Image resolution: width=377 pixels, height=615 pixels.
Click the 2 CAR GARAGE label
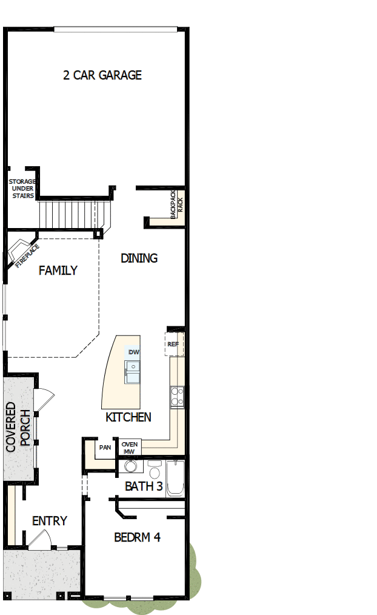pyautogui.click(x=102, y=75)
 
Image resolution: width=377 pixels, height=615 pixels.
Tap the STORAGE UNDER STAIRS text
pyautogui.click(x=22, y=188)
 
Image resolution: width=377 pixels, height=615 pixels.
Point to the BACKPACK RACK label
pyautogui.click(x=175, y=204)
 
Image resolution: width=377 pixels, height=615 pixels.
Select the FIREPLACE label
pyautogui.click(x=27, y=255)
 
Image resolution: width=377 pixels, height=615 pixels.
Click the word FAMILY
pyautogui.click(x=58, y=271)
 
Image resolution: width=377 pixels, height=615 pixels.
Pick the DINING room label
pyautogui.click(x=139, y=258)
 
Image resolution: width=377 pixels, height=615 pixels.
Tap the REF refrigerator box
pyautogui.click(x=173, y=344)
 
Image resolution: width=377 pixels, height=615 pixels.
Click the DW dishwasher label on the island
pyautogui.click(x=133, y=352)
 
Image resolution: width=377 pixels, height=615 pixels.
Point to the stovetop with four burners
pyautogui.click(x=177, y=396)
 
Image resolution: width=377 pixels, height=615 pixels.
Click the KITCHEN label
pyautogui.click(x=128, y=417)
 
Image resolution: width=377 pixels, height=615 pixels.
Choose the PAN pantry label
pyautogui.click(x=105, y=448)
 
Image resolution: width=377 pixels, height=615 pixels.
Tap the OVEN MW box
pyautogui.click(x=130, y=448)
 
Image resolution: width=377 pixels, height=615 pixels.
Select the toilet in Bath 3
pyautogui.click(x=155, y=469)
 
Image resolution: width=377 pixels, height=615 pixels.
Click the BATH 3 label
pyautogui.click(x=144, y=486)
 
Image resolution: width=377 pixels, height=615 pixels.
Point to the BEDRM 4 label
pyautogui.click(x=137, y=537)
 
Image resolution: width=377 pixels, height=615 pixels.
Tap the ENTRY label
pyautogui.click(x=49, y=521)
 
